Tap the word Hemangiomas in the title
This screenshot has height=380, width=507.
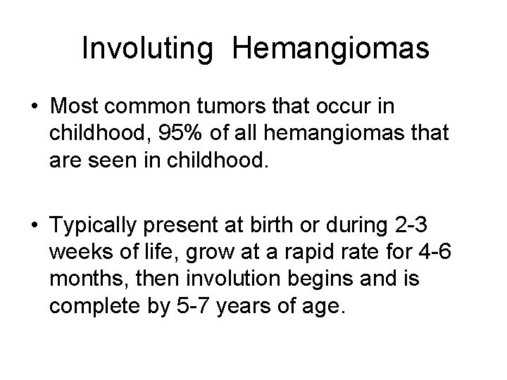click(x=330, y=49)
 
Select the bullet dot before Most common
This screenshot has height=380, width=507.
click(x=35, y=108)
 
